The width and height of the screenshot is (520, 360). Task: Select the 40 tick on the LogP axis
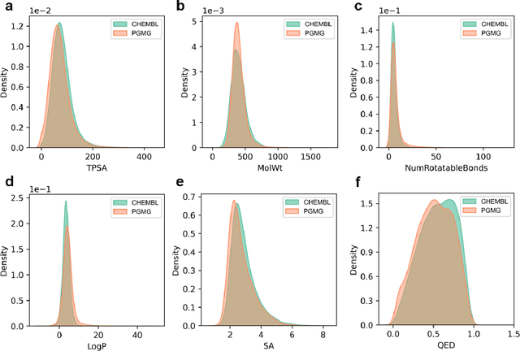[x=138, y=336]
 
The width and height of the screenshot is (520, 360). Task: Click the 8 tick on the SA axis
[x=323, y=336]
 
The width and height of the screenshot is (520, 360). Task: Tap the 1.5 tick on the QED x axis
[x=512, y=336]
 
